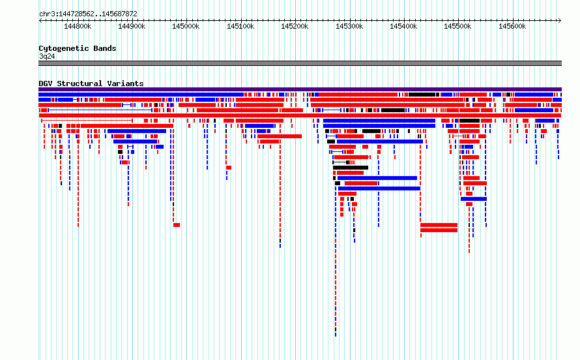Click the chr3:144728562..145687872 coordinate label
click(88, 14)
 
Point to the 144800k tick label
click(78, 26)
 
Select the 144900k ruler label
click(132, 26)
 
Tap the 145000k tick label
click(186, 26)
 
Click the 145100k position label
click(240, 26)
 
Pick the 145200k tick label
click(295, 26)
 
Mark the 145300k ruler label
click(349, 26)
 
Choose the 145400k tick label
click(403, 26)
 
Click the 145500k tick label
click(457, 26)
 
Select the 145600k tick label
click(512, 26)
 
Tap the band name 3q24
click(47, 57)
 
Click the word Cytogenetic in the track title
click(59, 48)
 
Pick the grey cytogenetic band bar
click(300, 63)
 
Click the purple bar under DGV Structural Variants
click(300, 89)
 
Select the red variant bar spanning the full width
click(300, 115)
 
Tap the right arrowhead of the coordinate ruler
click(560, 21)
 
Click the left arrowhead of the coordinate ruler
click(40, 21)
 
